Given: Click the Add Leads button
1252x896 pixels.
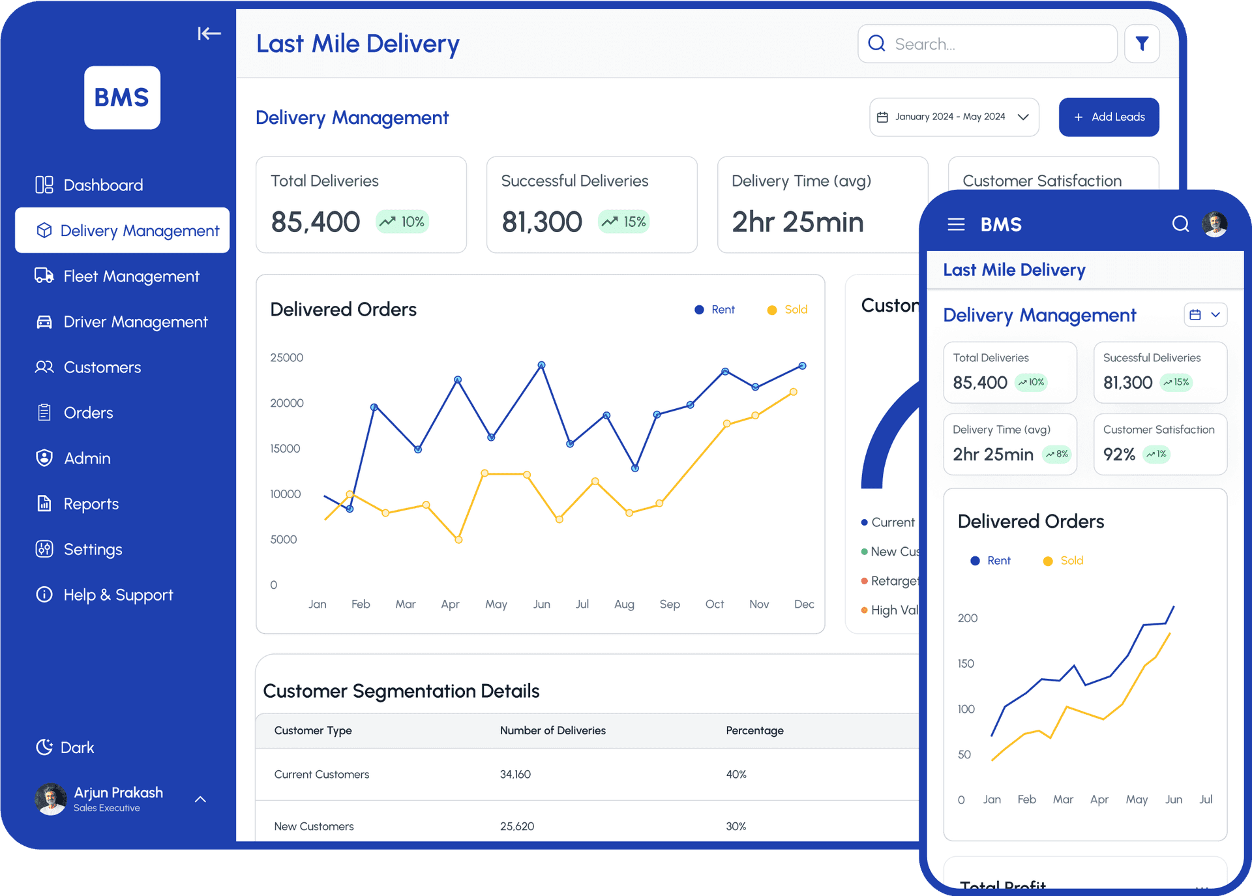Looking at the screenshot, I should pyautogui.click(x=1109, y=117).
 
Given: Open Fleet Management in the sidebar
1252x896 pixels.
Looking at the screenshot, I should pyautogui.click(x=130, y=276).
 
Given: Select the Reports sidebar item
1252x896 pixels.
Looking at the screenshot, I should pyautogui.click(x=91, y=504).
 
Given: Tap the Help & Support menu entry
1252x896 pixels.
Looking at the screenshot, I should pyautogui.click(x=117, y=595).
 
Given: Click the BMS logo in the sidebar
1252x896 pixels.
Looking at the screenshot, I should pyautogui.click(x=122, y=98).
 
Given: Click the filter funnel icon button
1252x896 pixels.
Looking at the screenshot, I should pyautogui.click(x=1142, y=44).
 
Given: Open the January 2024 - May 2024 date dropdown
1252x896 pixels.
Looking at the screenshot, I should pyautogui.click(x=953, y=117).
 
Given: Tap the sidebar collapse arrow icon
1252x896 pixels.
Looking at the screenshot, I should pyautogui.click(x=209, y=33).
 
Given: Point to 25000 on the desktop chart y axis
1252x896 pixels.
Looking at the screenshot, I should pyautogui.click(x=286, y=357).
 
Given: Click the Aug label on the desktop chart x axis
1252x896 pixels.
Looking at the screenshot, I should pyautogui.click(x=624, y=605).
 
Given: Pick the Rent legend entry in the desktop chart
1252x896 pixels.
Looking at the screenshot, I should pyautogui.click(x=715, y=310).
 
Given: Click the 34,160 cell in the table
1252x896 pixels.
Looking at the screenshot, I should pyautogui.click(x=515, y=775).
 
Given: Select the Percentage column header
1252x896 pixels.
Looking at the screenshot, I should pyautogui.click(x=754, y=730).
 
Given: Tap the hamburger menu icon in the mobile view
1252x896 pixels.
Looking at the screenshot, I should pyautogui.click(x=956, y=224).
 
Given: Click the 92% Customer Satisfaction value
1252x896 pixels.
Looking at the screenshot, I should pyautogui.click(x=1119, y=455).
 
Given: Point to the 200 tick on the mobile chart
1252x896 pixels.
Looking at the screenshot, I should pyautogui.click(x=967, y=618).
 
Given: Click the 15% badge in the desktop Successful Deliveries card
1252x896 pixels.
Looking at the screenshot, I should pyautogui.click(x=624, y=222).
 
